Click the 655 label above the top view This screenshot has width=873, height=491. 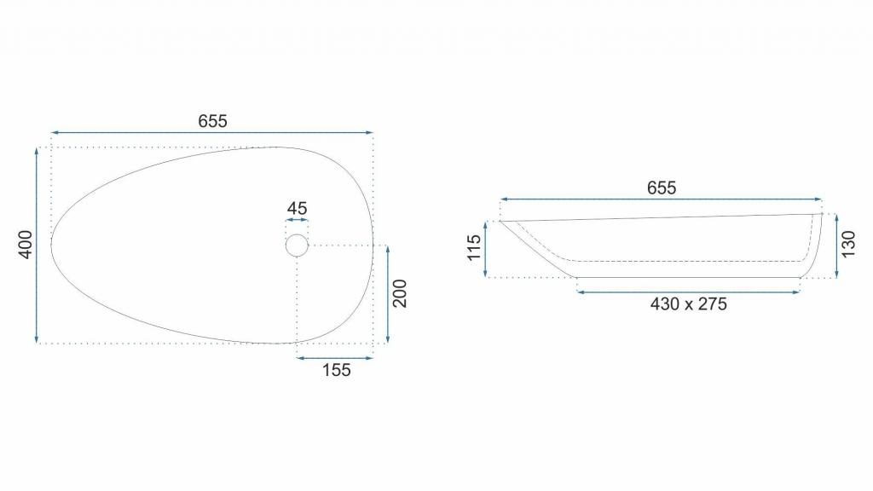point(212,121)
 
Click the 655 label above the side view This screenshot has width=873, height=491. point(662,188)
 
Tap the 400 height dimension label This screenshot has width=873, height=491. point(26,245)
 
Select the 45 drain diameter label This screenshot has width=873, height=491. point(298,208)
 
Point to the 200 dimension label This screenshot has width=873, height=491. point(400,293)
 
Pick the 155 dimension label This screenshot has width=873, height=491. point(336,370)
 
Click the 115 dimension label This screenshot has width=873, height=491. point(474,248)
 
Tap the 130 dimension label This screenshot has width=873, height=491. point(848,245)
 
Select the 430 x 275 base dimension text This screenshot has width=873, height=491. point(689,304)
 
